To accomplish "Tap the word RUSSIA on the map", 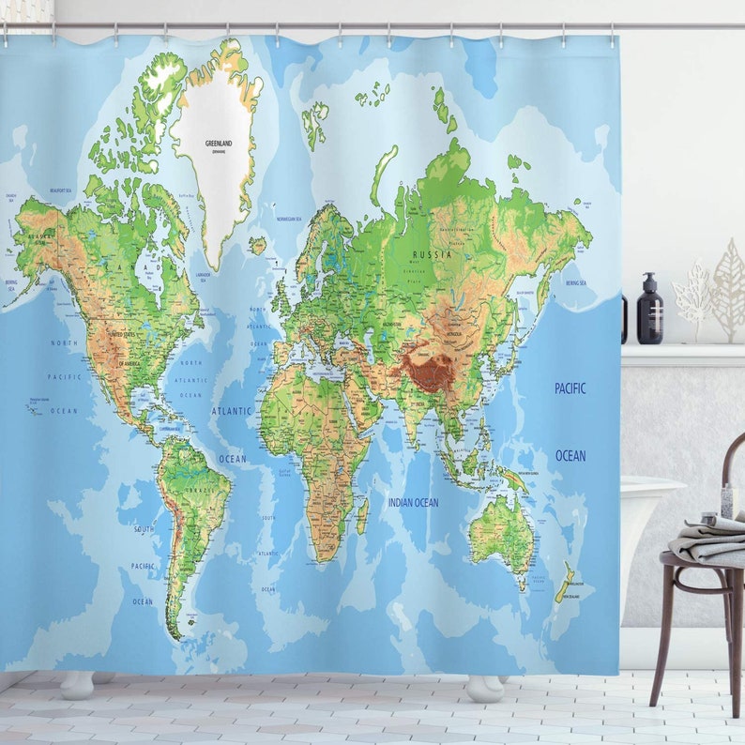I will coord(433,254).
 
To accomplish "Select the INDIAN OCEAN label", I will coord(413,503).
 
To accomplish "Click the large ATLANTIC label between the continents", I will coord(232,411).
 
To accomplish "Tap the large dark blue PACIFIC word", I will coord(570,388).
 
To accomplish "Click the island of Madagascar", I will coord(362,516).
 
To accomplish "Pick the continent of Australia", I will coord(502,532).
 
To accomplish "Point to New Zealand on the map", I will coord(564,583).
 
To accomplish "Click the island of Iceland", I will coord(257,246).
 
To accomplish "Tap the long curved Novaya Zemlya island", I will coord(383,175).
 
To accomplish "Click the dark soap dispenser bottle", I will coord(649,312).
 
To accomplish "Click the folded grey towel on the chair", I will coord(711,541).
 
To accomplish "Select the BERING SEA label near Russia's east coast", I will coord(575,281).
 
